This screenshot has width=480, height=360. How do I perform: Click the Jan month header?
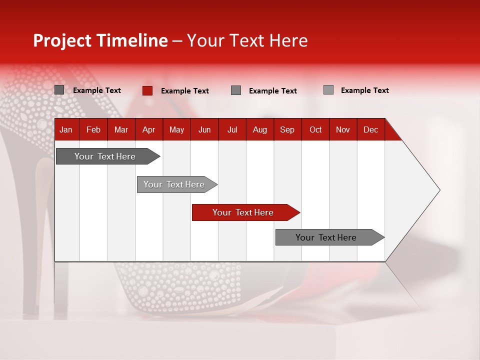(66, 129)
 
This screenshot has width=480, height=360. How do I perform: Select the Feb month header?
(93, 129)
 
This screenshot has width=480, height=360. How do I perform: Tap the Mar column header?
(121, 129)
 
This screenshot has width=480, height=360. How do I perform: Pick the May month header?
(176, 129)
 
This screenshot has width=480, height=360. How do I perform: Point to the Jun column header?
(204, 129)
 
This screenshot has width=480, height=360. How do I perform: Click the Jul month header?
(232, 129)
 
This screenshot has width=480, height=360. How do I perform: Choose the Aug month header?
(259, 129)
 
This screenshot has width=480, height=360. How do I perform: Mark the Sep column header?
(287, 129)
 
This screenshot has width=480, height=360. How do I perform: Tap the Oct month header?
(315, 129)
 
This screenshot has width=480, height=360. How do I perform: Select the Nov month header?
(343, 129)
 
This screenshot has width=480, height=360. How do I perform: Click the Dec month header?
(370, 129)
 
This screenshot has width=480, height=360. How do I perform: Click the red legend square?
(147, 90)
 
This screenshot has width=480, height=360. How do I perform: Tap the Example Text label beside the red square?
(184, 91)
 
